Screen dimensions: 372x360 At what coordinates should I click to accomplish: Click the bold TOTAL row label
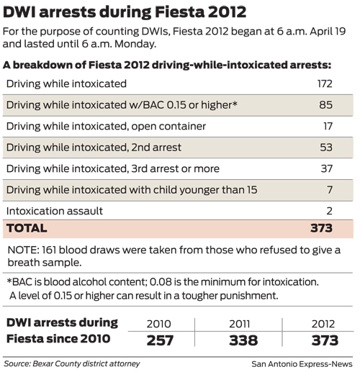[x=27, y=229]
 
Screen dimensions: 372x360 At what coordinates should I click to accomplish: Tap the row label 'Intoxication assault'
[x=55, y=212]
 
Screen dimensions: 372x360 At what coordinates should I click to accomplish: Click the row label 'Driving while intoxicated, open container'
[x=106, y=127]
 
